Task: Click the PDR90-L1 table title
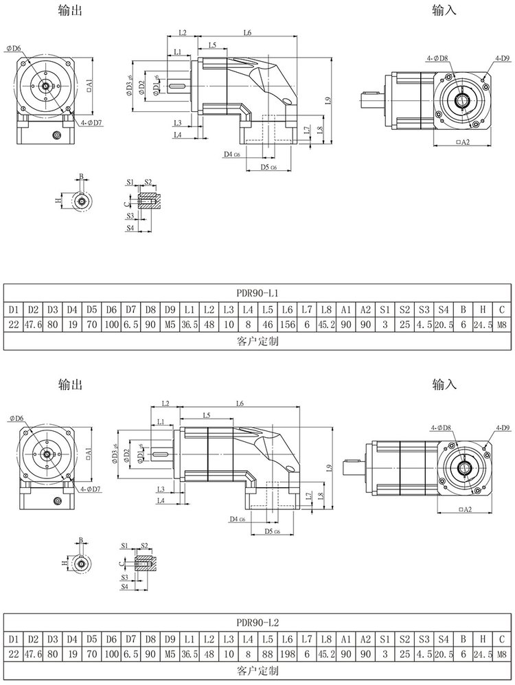point(257,294)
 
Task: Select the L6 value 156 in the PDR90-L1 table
point(287,325)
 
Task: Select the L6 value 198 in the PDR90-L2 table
point(287,654)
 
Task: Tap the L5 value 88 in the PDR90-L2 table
point(268,654)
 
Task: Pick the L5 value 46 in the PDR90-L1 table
point(268,325)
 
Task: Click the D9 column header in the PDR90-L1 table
point(170,310)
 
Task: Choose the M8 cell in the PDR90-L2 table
point(501,654)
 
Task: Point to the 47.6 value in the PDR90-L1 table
point(33,325)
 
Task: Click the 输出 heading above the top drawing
point(70,11)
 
